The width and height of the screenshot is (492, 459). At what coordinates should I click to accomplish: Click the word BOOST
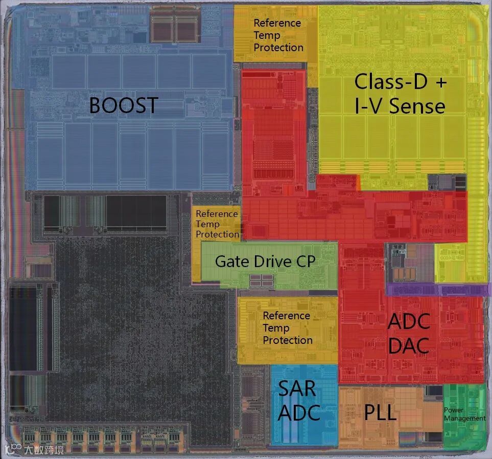pyautogui.click(x=123, y=105)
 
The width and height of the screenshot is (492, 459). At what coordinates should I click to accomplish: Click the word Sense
pyautogui.click(x=417, y=106)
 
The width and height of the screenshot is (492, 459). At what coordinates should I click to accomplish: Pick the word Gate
pyautogui.click(x=233, y=261)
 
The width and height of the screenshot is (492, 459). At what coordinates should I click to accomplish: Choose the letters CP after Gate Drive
pyautogui.click(x=306, y=261)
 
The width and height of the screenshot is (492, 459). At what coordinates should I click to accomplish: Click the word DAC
pyautogui.click(x=408, y=346)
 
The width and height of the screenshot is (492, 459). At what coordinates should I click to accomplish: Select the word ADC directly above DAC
pyautogui.click(x=409, y=322)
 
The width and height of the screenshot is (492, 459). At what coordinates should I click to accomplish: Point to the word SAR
pyautogui.click(x=297, y=389)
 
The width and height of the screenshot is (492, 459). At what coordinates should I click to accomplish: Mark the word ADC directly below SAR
pyautogui.click(x=298, y=412)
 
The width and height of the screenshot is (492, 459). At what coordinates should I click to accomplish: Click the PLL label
pyautogui.click(x=380, y=412)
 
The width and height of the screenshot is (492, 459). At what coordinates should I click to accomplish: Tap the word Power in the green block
pyautogui.click(x=454, y=410)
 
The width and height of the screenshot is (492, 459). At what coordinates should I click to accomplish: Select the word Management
pyautogui.click(x=464, y=418)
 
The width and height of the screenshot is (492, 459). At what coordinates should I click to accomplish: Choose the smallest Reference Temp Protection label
pyautogui.click(x=217, y=224)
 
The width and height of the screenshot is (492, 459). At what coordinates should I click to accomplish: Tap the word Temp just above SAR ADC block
pyautogui.click(x=276, y=328)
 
